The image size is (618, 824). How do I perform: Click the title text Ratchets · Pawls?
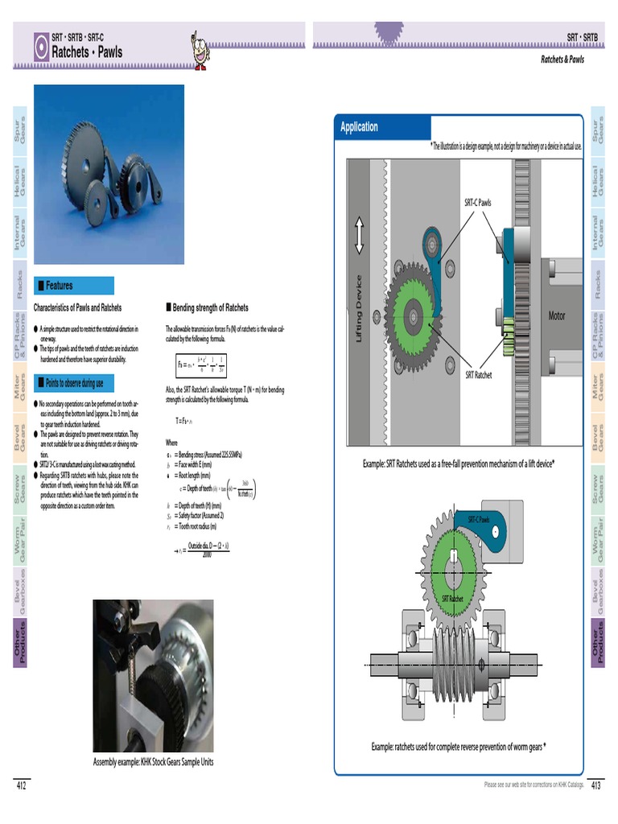pos(87,52)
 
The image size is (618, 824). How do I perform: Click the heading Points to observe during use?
pos(75,382)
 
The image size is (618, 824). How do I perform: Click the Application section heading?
pos(359,127)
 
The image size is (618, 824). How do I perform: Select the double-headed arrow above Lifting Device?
pos(359,236)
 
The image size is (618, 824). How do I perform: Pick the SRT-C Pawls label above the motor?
pos(477,203)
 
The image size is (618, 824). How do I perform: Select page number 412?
pos(22,785)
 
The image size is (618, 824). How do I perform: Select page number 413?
pos(596,785)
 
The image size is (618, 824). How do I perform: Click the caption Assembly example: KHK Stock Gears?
pos(154,762)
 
